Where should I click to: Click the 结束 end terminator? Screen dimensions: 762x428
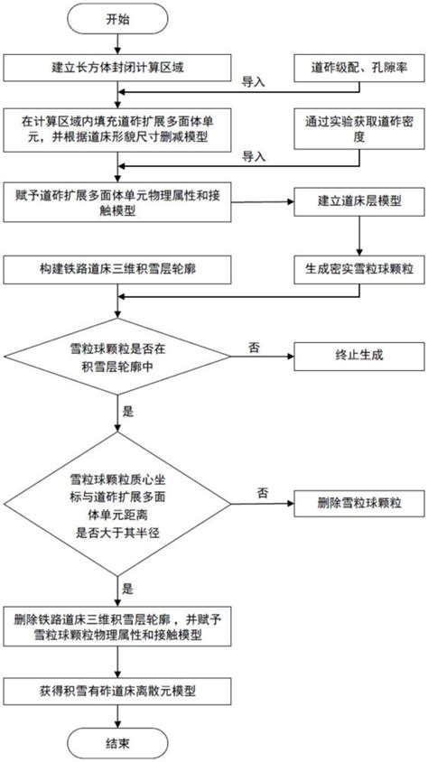click(117, 744)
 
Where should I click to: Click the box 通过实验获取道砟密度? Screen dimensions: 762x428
click(359, 131)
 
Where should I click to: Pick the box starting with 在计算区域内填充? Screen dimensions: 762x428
click(117, 132)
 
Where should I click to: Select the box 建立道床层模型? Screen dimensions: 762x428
click(358, 200)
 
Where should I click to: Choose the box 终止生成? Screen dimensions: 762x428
click(358, 354)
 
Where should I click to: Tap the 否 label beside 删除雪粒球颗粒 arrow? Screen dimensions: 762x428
click(263, 492)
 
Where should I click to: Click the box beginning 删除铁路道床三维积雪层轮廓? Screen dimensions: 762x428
click(117, 627)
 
